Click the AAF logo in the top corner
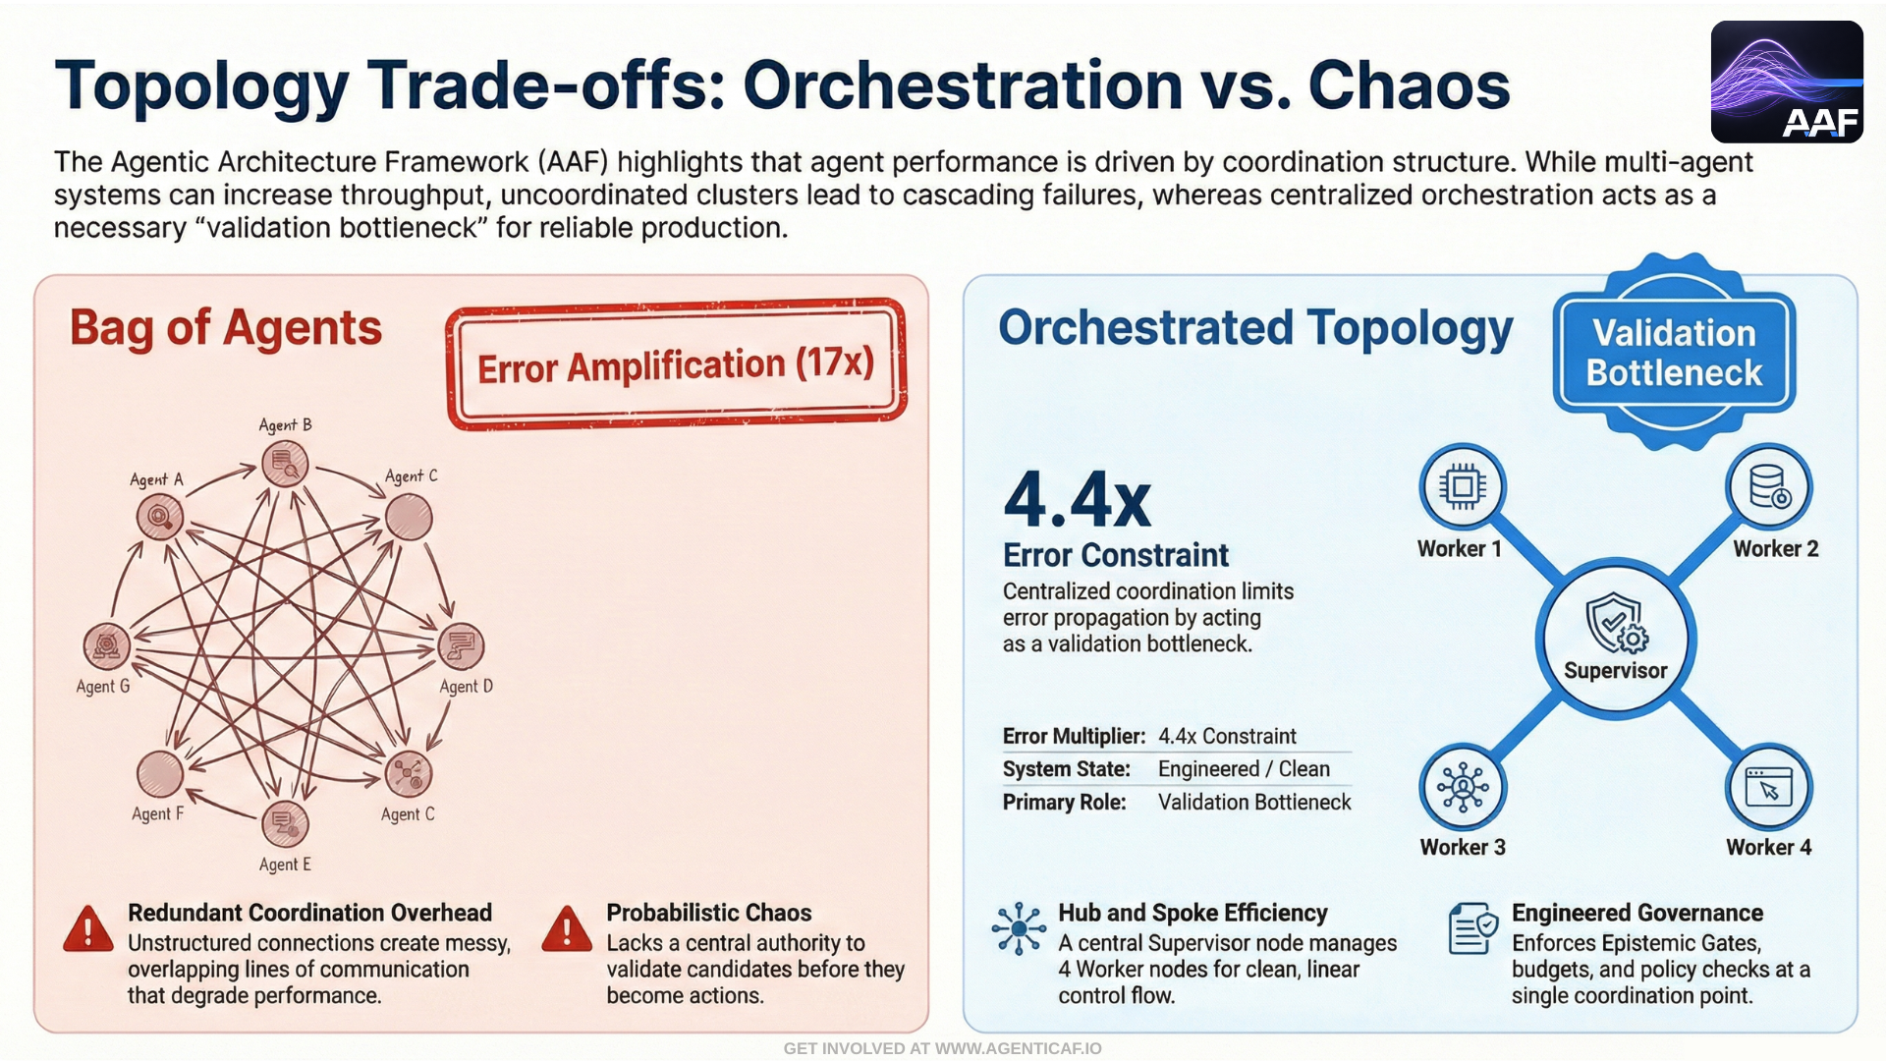[1786, 83]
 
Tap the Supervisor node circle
[1615, 640]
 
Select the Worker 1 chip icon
[1462, 486]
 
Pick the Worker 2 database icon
[1769, 486]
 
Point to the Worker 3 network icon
[1463, 787]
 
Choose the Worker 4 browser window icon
[1768, 787]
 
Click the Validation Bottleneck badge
[1674, 353]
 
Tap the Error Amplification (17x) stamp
[676, 364]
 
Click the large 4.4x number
[1078, 500]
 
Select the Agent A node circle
[160, 516]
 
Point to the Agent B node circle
[285, 464]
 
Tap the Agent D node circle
[461, 645]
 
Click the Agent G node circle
[106, 645]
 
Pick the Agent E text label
[285, 865]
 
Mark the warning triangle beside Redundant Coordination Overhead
[88, 929]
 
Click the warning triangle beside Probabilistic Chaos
[567, 929]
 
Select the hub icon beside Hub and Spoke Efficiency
[1019, 928]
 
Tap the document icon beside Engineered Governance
[1472, 928]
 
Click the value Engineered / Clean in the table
[1244, 769]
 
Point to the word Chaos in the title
[1409, 85]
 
